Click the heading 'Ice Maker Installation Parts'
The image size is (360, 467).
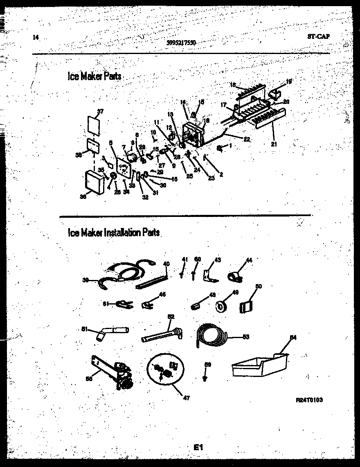point(113,232)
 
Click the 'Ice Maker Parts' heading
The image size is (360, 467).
point(94,76)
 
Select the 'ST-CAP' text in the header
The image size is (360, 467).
point(318,36)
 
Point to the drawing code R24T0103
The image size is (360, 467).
point(309,400)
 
